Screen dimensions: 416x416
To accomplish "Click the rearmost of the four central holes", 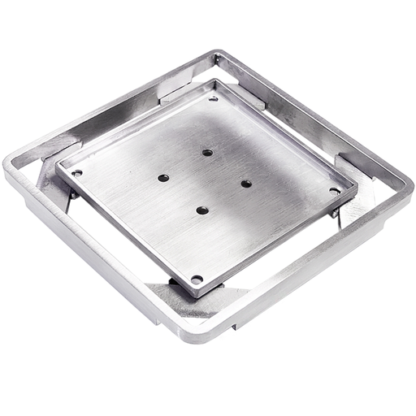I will click(x=207, y=152).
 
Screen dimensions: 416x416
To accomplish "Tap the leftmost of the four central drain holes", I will click(x=163, y=177).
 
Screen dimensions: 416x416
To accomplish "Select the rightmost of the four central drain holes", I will click(x=245, y=184).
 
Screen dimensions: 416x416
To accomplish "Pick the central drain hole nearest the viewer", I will click(x=202, y=210).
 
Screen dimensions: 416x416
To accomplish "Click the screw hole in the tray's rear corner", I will click(x=214, y=98).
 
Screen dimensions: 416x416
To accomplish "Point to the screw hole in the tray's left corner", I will click(x=76, y=172).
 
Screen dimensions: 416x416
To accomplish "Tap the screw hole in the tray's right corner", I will click(x=334, y=191).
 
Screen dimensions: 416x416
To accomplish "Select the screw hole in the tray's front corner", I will click(x=196, y=279).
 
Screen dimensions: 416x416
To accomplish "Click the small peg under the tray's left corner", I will click(x=73, y=193).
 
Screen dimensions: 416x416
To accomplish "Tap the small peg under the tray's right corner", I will click(x=335, y=213).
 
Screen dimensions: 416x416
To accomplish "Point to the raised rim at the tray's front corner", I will click(x=195, y=288).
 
